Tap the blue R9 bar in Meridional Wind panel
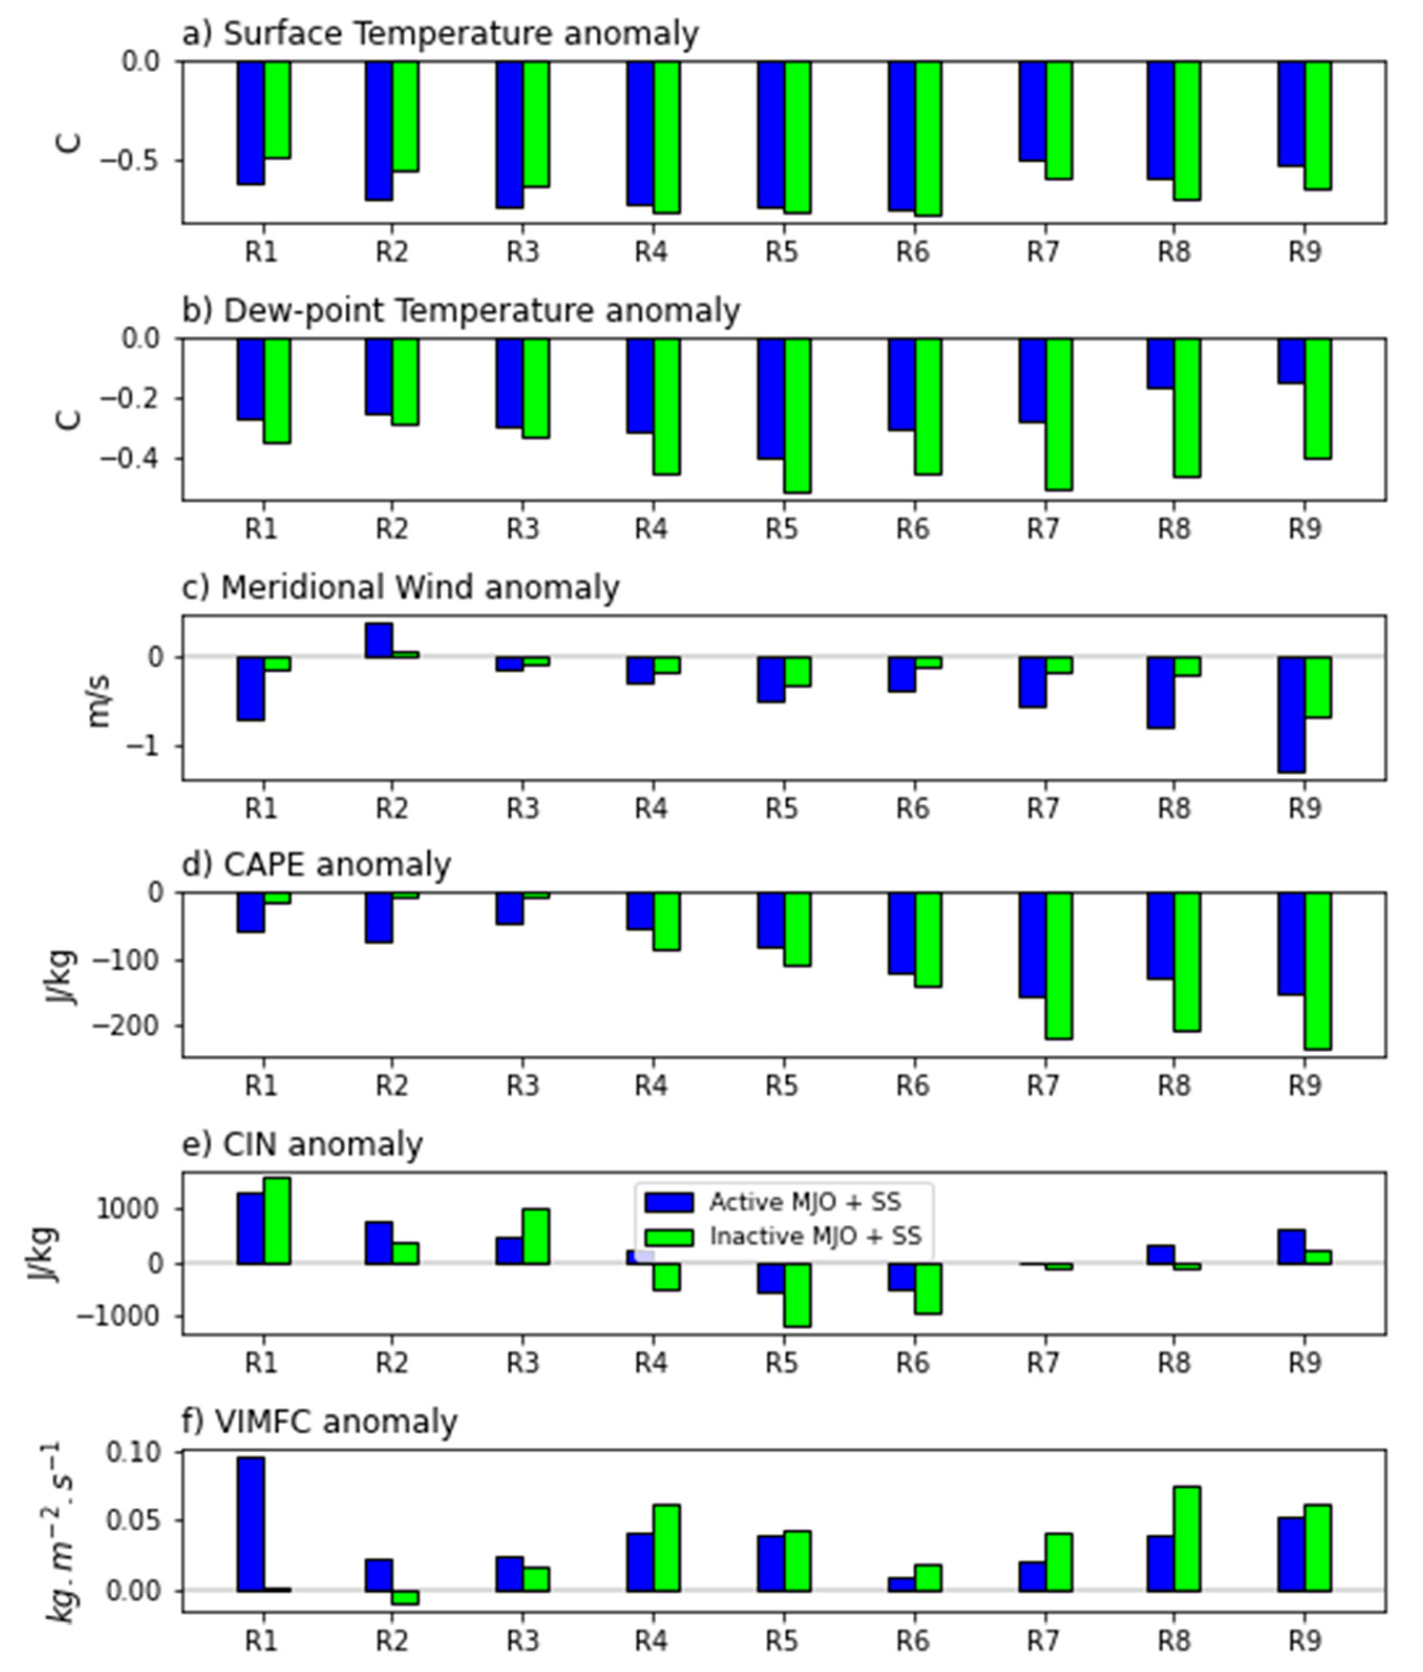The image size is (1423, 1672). click(x=1291, y=714)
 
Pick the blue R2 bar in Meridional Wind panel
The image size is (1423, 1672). click(x=378, y=640)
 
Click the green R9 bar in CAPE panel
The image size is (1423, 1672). click(x=1317, y=970)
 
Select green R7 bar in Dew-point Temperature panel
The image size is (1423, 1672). click(x=1058, y=414)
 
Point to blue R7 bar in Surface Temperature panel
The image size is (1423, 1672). click(x=1032, y=111)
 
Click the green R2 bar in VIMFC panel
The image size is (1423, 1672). click(x=405, y=1597)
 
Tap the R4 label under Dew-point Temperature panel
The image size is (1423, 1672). click(x=651, y=529)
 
